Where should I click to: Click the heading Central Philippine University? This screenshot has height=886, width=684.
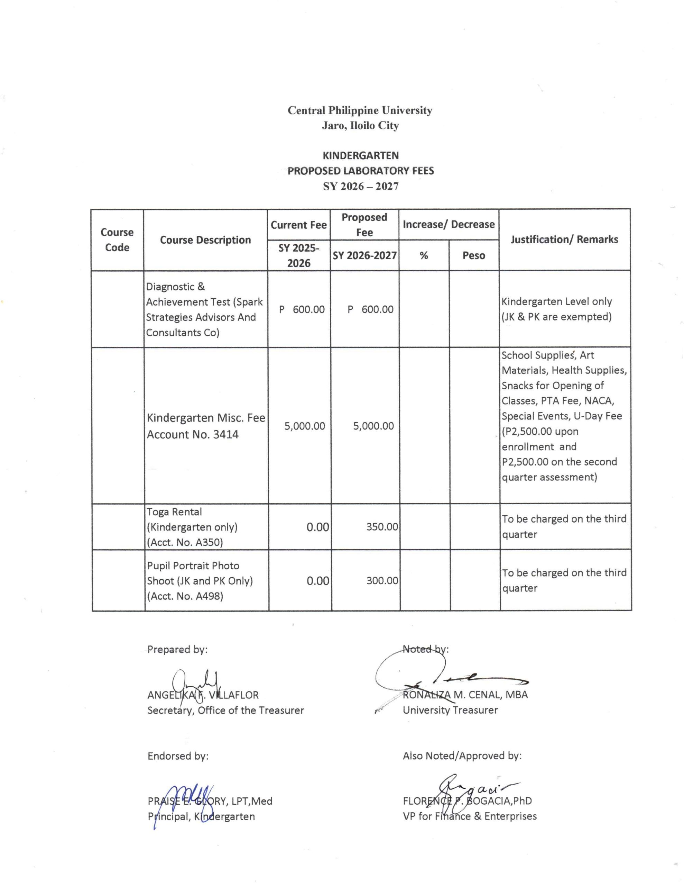click(x=360, y=110)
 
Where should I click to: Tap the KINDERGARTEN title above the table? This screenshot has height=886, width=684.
click(x=360, y=155)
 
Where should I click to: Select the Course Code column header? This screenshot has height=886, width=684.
click(x=117, y=240)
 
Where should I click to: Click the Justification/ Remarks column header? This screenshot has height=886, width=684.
click(x=564, y=239)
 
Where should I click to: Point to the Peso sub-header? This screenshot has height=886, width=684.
click(x=473, y=255)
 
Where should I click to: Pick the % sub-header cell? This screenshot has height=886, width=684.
click(x=424, y=255)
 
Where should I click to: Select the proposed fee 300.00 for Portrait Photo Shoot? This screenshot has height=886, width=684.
click(x=382, y=580)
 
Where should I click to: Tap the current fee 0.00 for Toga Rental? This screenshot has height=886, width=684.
click(x=317, y=527)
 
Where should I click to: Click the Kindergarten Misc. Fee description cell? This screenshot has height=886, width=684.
click(x=205, y=426)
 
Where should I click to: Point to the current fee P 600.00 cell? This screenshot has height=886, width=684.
click(x=302, y=309)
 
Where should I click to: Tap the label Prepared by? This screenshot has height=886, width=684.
click(x=177, y=650)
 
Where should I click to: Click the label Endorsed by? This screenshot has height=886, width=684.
click(x=178, y=756)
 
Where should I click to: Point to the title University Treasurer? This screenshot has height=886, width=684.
click(x=450, y=710)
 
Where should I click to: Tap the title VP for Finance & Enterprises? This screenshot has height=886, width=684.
click(x=470, y=816)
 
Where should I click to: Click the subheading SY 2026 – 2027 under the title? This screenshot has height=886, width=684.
click(x=360, y=186)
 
